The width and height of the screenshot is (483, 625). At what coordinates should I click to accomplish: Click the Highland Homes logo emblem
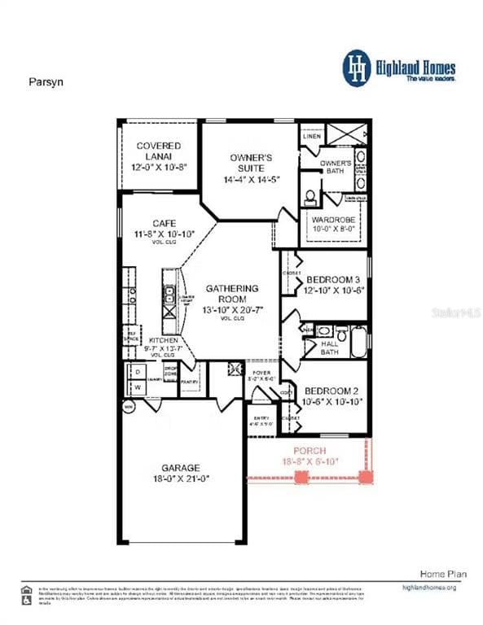tap(356, 67)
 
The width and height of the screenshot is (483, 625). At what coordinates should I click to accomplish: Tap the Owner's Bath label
tap(336, 168)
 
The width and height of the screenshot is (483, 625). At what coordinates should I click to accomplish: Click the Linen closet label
tap(311, 136)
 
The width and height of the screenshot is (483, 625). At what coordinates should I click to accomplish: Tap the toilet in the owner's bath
tap(310, 197)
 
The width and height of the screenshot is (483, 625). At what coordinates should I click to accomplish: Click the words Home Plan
tap(443, 575)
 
